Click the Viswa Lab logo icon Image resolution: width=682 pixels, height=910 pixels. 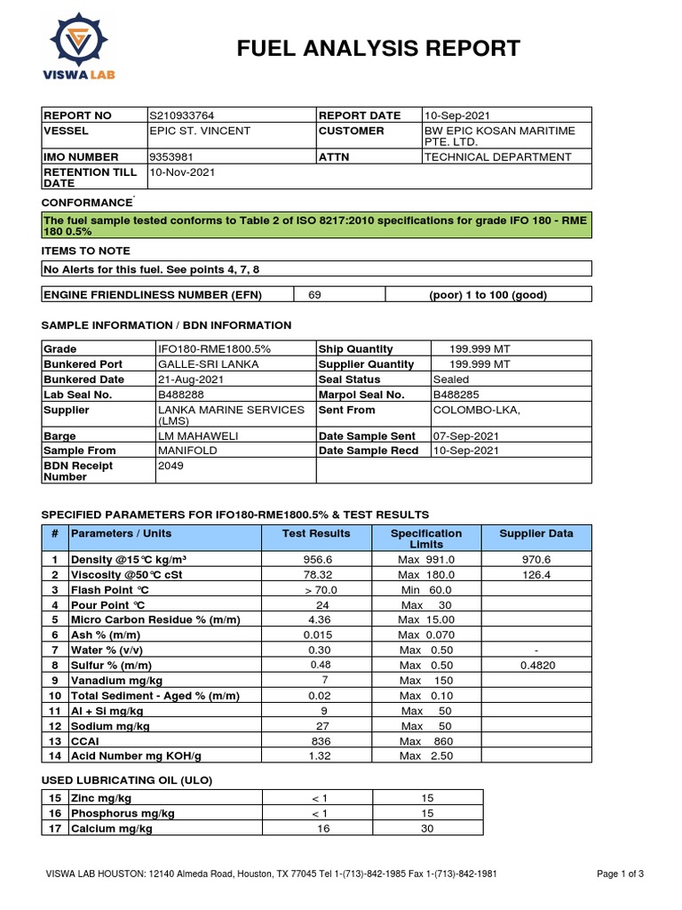click(x=79, y=40)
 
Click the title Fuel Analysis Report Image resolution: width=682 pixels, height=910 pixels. click(x=378, y=48)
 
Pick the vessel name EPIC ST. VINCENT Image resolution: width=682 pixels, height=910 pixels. click(x=200, y=131)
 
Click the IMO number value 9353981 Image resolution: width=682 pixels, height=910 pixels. click(x=171, y=157)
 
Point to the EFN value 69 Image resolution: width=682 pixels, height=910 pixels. click(x=314, y=295)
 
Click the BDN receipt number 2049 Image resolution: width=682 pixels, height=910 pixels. click(x=170, y=464)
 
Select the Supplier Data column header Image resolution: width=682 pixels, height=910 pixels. click(x=535, y=534)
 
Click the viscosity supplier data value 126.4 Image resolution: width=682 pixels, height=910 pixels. click(x=536, y=575)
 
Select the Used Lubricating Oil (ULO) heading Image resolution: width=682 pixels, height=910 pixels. click(x=128, y=780)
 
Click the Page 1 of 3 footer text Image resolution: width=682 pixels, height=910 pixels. click(x=620, y=874)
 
